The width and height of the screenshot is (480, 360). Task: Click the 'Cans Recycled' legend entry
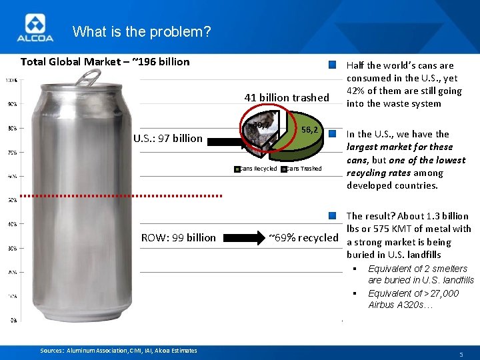(257, 169)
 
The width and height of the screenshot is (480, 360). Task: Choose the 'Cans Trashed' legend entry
(302, 169)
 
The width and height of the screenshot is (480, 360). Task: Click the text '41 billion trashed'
(287, 97)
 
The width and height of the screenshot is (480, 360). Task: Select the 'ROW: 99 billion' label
(178, 237)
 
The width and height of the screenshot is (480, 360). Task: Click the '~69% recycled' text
(303, 237)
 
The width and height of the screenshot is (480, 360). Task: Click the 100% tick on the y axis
(11, 81)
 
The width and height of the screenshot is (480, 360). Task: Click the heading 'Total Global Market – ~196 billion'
(105, 62)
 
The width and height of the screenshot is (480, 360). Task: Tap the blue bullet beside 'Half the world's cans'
(333, 65)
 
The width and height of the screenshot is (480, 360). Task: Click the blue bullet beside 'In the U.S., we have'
(333, 134)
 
